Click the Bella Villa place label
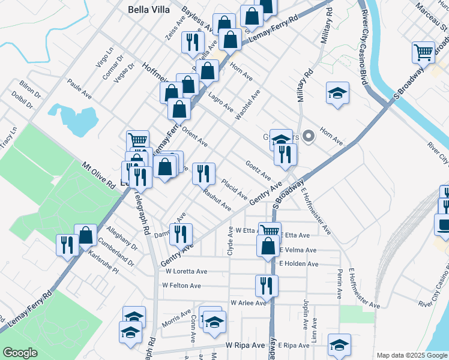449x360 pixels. point(149,10)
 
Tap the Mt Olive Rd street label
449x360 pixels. point(98,175)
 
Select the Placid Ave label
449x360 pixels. point(234,189)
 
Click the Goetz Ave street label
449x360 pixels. point(259,172)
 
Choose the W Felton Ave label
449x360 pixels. point(182,286)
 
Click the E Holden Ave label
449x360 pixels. point(298,263)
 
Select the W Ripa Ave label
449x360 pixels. point(245,346)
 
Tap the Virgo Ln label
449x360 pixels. point(105,58)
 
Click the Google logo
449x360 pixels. point(20,353)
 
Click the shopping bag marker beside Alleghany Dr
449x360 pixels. point(86,235)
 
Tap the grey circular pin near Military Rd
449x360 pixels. point(309,137)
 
